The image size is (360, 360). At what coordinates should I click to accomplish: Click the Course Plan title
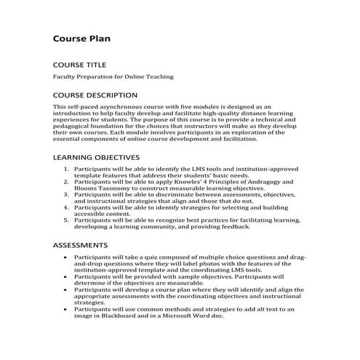(x=81, y=38)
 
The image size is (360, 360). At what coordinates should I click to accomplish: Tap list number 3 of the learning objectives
(x=66, y=194)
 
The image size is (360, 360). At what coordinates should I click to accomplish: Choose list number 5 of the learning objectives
(x=66, y=220)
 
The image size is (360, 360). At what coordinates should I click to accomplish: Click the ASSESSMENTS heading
(x=81, y=245)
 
